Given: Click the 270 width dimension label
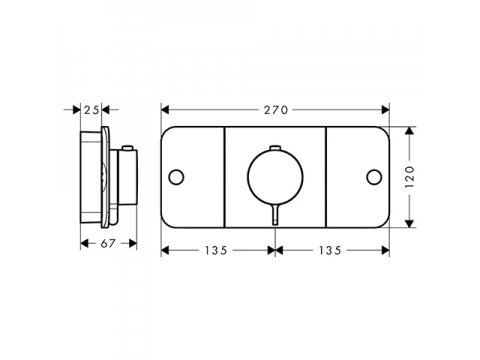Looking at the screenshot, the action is (x=276, y=110).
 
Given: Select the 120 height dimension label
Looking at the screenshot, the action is (x=410, y=177).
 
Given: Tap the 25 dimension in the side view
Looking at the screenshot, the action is (x=91, y=110).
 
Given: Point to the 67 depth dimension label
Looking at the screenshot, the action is (x=108, y=244).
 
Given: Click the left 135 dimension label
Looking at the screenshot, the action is (x=216, y=250).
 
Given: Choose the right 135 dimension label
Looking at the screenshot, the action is (x=330, y=250).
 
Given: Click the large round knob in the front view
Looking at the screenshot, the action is (x=275, y=177).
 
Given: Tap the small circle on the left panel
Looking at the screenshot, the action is (x=176, y=177).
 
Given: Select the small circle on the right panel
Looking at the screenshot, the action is (x=374, y=177).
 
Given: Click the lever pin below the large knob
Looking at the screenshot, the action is (x=275, y=215).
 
